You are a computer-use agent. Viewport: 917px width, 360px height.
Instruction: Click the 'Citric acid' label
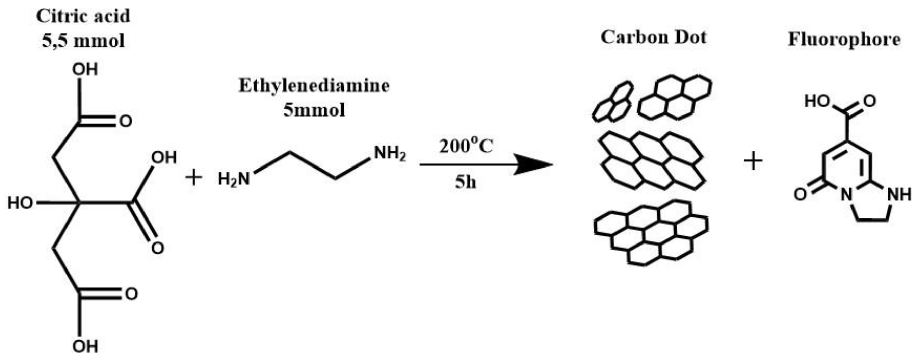coord(83,16)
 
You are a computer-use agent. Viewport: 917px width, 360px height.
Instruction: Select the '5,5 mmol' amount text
coord(83,41)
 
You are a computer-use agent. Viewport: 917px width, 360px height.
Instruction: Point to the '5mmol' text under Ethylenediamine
coord(314,110)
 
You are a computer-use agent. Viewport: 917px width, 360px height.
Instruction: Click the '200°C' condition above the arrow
coord(466,146)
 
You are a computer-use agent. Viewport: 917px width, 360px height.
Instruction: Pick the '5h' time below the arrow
coord(465,182)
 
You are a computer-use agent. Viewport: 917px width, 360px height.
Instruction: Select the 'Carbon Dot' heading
coord(654,37)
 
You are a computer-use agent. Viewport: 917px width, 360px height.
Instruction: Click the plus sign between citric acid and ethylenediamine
coord(194,177)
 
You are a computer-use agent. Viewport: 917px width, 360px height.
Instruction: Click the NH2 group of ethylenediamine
coord(390,154)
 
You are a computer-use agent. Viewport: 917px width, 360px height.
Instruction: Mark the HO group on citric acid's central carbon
coord(21,203)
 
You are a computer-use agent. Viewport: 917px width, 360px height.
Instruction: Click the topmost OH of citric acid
coord(85,70)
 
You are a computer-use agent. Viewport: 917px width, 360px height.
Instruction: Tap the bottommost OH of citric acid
coord(85,346)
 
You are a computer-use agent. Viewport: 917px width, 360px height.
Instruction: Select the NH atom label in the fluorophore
coord(899,195)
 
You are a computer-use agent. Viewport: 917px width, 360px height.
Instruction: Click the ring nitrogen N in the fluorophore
coord(847,195)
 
